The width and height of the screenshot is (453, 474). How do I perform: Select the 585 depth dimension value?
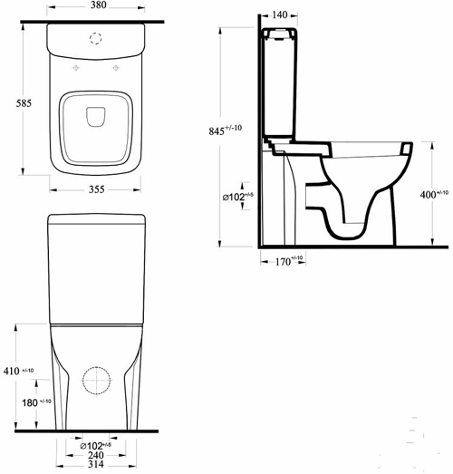(x=24, y=104)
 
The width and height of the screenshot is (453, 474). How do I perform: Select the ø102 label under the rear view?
(x=95, y=445)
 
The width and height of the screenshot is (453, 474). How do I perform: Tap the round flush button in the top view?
(x=95, y=39)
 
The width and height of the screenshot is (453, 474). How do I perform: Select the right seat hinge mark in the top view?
(x=117, y=69)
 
